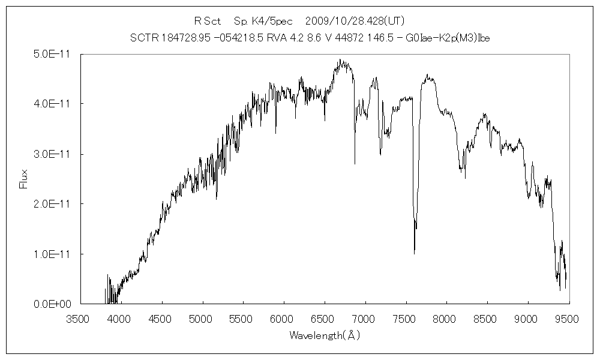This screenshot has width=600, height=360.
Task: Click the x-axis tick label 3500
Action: click(79, 318)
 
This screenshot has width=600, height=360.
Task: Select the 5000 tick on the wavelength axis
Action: click(202, 318)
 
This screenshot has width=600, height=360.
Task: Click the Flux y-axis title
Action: click(25, 179)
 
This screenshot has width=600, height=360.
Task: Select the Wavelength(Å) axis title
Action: click(325, 335)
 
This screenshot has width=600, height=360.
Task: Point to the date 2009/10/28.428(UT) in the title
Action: click(358, 20)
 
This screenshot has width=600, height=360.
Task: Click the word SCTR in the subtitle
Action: click(142, 38)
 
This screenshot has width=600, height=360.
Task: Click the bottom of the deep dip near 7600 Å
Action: click(414, 253)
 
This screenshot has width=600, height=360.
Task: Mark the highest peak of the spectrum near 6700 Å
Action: click(340, 59)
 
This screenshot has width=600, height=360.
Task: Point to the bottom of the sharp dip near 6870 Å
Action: click(355, 164)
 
